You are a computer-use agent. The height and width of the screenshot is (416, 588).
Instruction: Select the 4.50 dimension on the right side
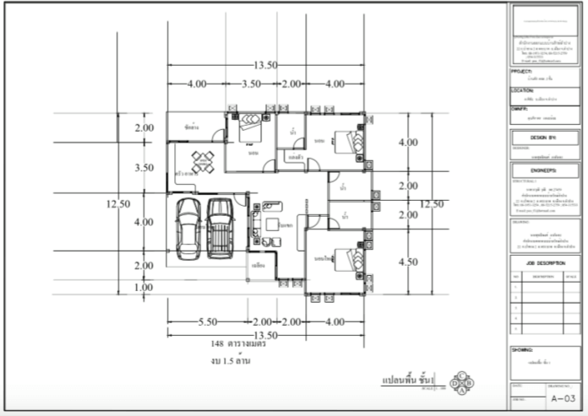pyautogui.click(x=408, y=262)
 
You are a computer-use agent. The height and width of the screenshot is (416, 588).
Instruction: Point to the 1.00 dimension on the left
pyautogui.click(x=144, y=287)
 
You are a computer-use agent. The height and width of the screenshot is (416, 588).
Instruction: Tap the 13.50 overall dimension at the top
pyautogui.click(x=266, y=65)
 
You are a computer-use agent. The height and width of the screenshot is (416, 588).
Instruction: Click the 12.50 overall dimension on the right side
pyautogui.click(x=431, y=203)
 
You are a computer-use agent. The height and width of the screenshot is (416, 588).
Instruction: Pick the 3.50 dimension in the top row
pyautogui.click(x=251, y=84)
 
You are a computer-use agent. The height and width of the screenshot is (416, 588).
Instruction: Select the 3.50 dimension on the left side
pyautogui.click(x=144, y=168)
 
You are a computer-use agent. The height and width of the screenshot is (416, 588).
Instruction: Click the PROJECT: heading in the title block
pyautogui.click(x=525, y=72)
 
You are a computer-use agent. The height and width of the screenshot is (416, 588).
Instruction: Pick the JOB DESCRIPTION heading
pyautogui.click(x=544, y=262)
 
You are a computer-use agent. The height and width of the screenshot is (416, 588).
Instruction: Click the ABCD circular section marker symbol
pyautogui.click(x=463, y=383)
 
